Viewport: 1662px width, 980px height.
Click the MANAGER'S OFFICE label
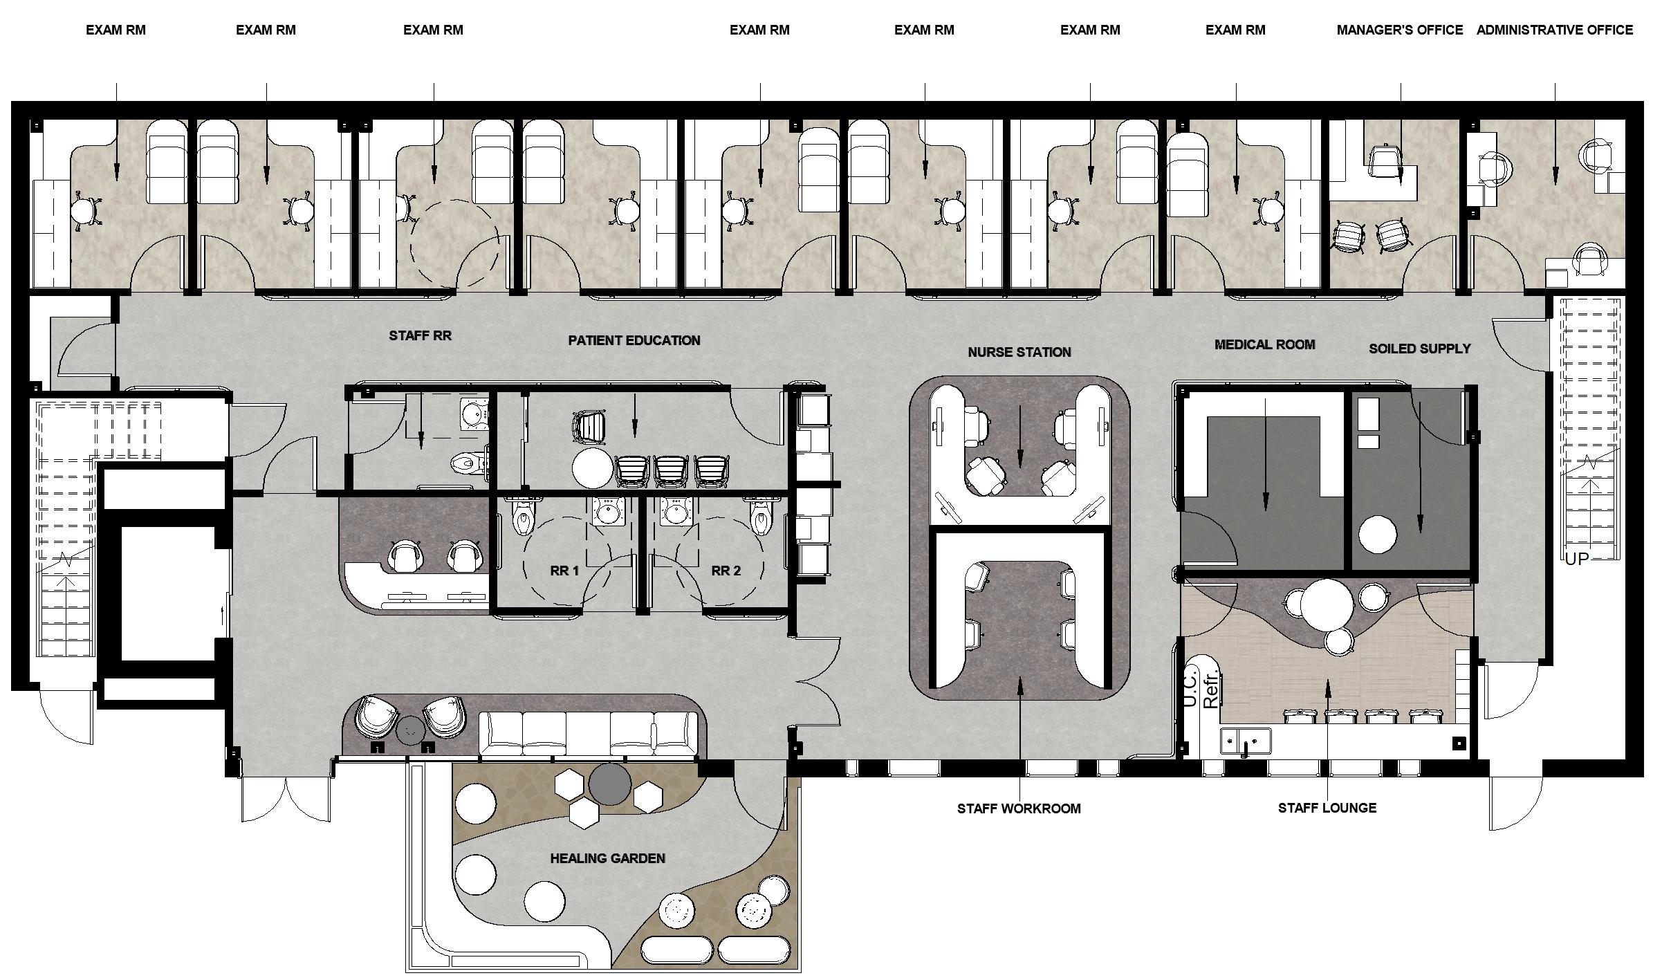click(1399, 30)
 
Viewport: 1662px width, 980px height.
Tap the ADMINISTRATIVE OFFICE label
click(1555, 30)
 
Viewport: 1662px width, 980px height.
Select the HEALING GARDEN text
click(607, 858)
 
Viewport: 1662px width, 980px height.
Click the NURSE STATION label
click(1019, 352)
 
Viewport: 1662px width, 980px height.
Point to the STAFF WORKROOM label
click(1019, 808)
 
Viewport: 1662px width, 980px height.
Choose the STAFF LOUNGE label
click(1327, 808)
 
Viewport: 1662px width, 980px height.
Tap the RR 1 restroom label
click(564, 571)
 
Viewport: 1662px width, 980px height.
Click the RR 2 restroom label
click(726, 571)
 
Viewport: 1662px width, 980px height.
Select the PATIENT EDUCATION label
click(634, 340)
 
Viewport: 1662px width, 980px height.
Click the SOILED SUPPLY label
click(1419, 349)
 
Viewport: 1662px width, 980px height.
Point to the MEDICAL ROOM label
click(1264, 344)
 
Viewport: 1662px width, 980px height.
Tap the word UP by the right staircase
click(1577, 559)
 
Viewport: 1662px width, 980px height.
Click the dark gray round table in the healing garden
click(609, 784)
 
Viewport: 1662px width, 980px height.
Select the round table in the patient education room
click(593, 468)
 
